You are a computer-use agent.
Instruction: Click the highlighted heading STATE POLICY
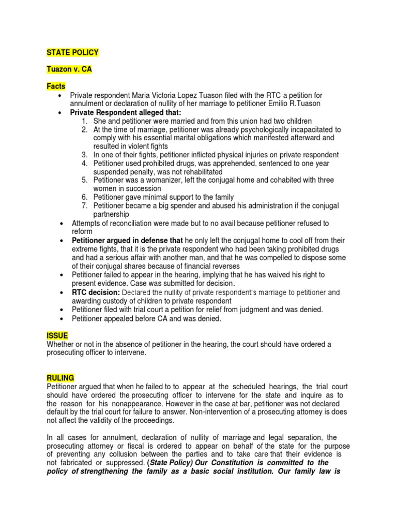[72, 53]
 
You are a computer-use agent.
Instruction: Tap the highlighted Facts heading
[56, 86]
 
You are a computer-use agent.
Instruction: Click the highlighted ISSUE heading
[57, 336]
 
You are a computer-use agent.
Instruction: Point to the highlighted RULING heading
[60, 378]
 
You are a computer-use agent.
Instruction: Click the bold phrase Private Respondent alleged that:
[126, 112]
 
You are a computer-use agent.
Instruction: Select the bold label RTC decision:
[95, 292]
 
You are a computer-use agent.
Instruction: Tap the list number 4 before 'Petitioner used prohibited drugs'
[85, 163]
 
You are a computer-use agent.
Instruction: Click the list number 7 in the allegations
[85, 205]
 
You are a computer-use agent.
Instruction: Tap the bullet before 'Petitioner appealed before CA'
[62, 318]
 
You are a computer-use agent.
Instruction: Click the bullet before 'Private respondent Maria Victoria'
[62, 95]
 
